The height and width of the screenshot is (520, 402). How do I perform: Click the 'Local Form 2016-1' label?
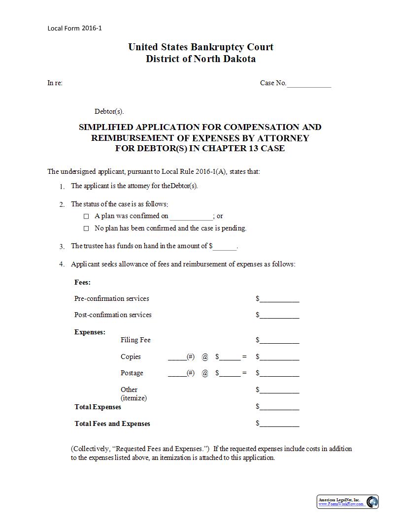tap(74, 28)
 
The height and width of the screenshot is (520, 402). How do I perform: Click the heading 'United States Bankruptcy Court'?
tap(201, 47)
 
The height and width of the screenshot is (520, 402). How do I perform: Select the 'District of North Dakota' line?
tap(201, 59)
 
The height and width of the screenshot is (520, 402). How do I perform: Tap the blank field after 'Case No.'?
tap(309, 84)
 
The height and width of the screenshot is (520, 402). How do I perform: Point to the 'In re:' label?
tap(55, 83)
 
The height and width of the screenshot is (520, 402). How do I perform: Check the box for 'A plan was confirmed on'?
tap(86, 216)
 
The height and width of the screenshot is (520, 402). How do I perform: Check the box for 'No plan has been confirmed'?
tap(86, 228)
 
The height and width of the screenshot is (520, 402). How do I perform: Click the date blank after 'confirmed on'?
tap(191, 217)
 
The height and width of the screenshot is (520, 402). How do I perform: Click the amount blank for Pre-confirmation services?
tap(279, 299)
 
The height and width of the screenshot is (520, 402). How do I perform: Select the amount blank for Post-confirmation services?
tap(279, 316)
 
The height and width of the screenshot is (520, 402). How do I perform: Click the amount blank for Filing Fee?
tap(279, 341)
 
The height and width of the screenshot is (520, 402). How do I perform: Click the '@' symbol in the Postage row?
tap(205, 373)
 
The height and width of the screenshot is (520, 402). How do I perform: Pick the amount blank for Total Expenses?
tap(279, 408)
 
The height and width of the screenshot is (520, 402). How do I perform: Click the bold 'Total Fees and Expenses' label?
tap(112, 423)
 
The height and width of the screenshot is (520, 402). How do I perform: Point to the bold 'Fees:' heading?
tap(82, 282)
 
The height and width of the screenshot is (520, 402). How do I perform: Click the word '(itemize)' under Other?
tap(134, 398)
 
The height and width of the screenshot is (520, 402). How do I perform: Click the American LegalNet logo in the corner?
tap(372, 502)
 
